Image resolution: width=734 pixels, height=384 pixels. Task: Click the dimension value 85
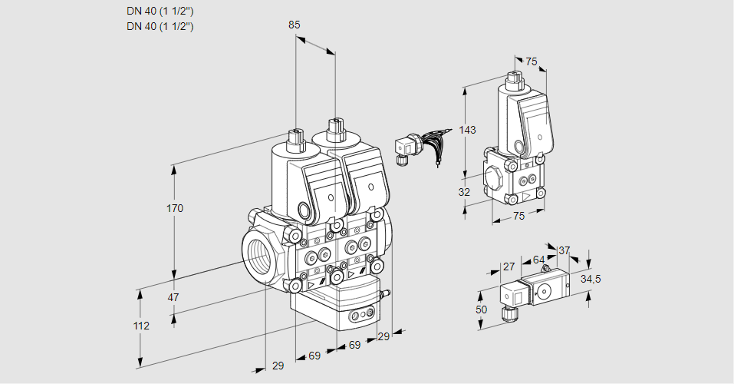click(294, 25)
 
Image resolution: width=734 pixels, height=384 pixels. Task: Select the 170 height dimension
click(176, 209)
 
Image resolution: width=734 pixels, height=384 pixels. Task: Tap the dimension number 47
click(173, 297)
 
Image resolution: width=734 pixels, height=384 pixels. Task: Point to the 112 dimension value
click(140, 326)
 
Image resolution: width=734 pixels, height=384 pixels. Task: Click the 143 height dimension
click(467, 131)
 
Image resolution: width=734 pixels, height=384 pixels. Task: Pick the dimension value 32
click(464, 193)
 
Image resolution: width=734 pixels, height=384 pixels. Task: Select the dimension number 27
click(509, 266)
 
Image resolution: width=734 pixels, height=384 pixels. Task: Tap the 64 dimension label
click(538, 260)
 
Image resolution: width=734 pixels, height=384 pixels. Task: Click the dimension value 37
click(564, 250)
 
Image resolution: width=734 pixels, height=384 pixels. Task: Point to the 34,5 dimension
click(591, 279)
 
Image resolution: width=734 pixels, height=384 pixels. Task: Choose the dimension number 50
click(481, 310)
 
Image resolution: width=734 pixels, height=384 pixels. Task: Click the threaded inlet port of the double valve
click(255, 253)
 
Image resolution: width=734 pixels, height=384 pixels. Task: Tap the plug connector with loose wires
click(406, 146)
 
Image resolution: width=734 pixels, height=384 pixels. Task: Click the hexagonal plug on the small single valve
click(492, 178)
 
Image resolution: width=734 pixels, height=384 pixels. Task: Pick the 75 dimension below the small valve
click(518, 217)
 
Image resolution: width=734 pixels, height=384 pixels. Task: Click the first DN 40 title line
click(160, 12)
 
